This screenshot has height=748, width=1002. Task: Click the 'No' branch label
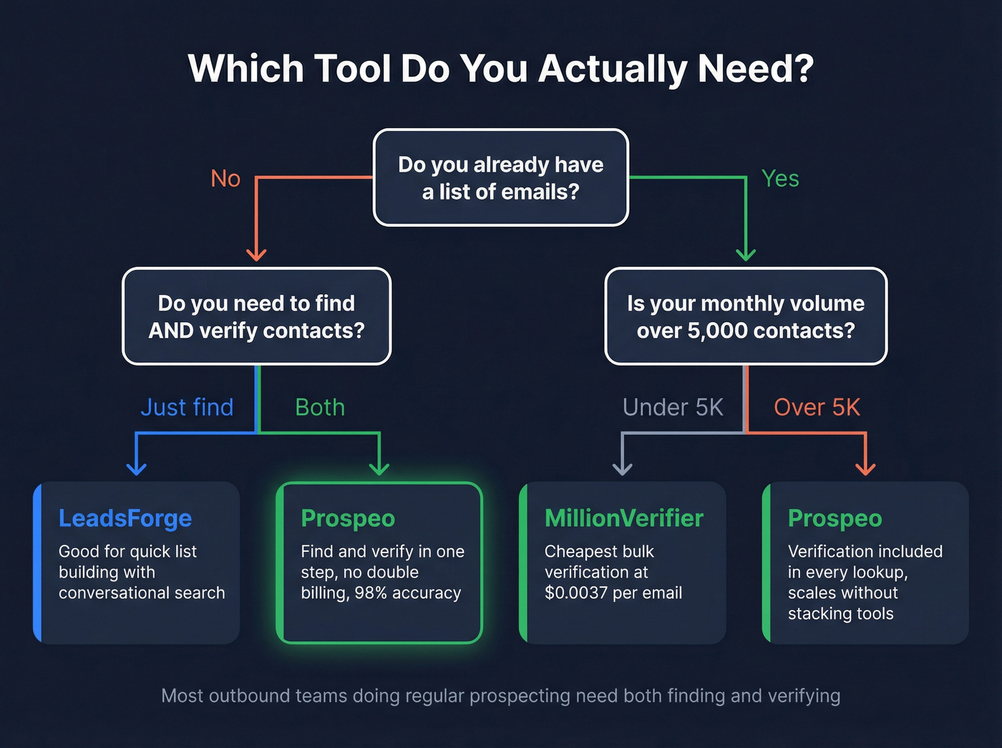tap(225, 178)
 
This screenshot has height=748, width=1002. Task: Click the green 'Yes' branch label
tap(780, 178)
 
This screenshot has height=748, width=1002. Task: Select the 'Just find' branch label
tap(187, 407)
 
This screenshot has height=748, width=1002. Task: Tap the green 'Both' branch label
tap(320, 407)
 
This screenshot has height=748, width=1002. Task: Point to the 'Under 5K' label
tap(673, 407)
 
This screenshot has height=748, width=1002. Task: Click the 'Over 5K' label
tap(817, 407)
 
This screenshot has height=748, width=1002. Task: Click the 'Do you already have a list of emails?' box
tap(501, 178)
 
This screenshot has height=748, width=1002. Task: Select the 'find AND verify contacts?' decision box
tap(256, 316)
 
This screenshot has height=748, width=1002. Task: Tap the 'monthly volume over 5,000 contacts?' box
tap(746, 316)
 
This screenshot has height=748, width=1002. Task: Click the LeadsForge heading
tap(125, 518)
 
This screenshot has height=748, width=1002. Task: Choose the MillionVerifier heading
tap(624, 518)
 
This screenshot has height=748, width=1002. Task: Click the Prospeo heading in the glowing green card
tap(348, 518)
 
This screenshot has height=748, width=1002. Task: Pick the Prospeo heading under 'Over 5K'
tap(835, 518)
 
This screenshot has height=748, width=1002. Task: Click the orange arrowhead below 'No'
tap(256, 254)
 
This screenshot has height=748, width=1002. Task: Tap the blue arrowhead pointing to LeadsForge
tap(136, 468)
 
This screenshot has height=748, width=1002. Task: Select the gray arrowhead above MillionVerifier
tap(623, 468)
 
